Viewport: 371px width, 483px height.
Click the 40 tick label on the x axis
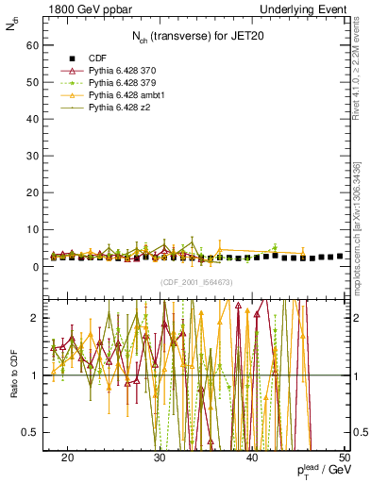pos(253,457)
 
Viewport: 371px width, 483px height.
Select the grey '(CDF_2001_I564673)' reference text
pos(195,282)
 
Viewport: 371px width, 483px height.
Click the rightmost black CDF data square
pos(340,256)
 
